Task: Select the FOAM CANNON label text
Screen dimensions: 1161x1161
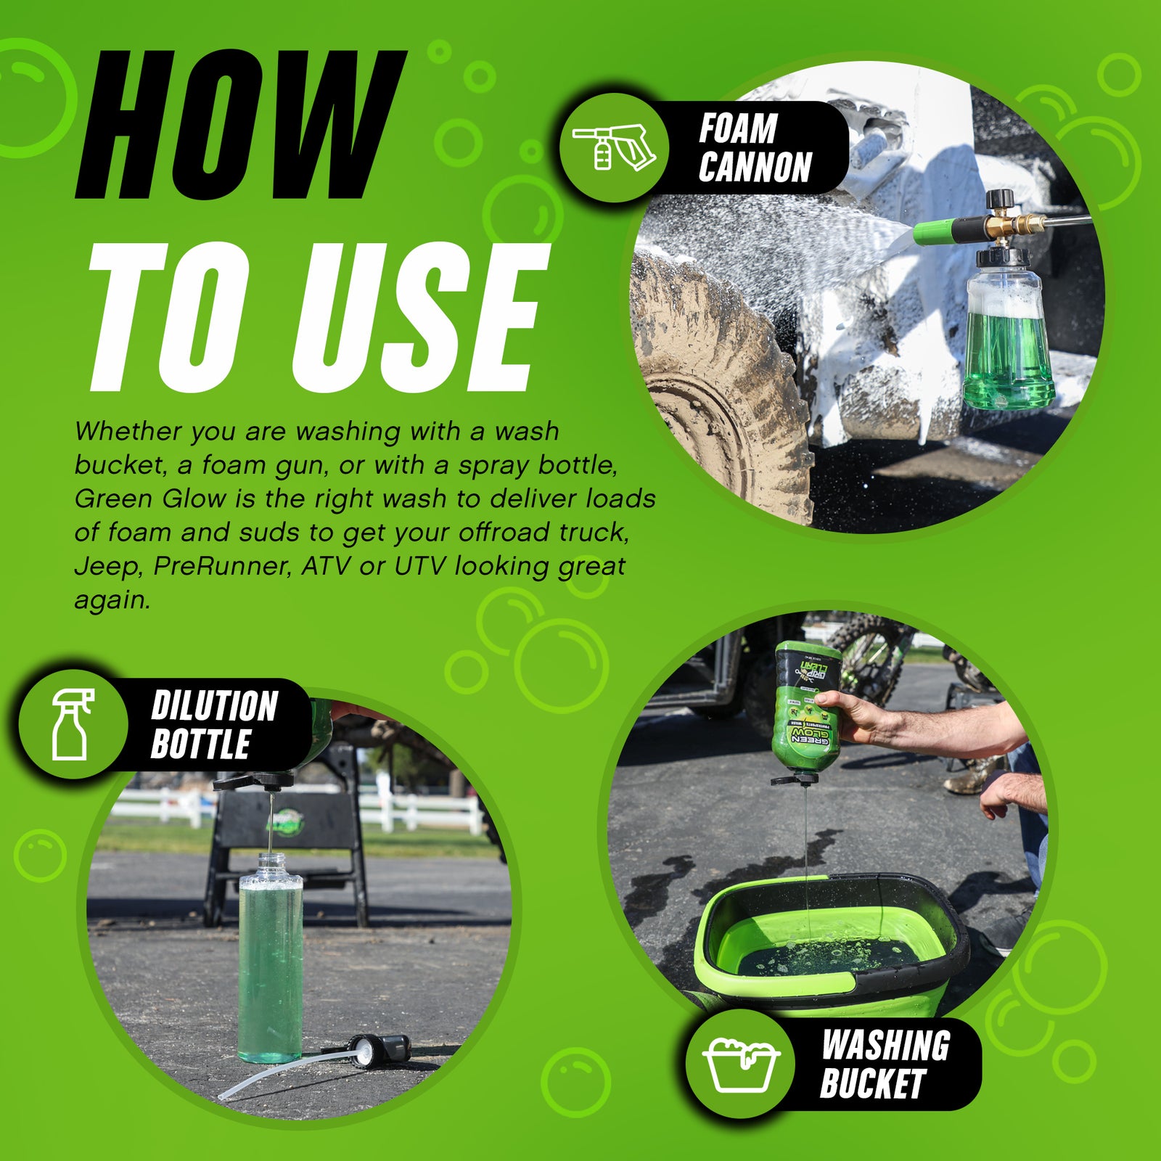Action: (x=755, y=148)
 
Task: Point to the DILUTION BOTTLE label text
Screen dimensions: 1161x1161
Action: (x=214, y=725)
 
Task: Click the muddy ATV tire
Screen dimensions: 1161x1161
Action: (x=718, y=392)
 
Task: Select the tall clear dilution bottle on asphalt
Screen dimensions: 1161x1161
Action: (x=271, y=958)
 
